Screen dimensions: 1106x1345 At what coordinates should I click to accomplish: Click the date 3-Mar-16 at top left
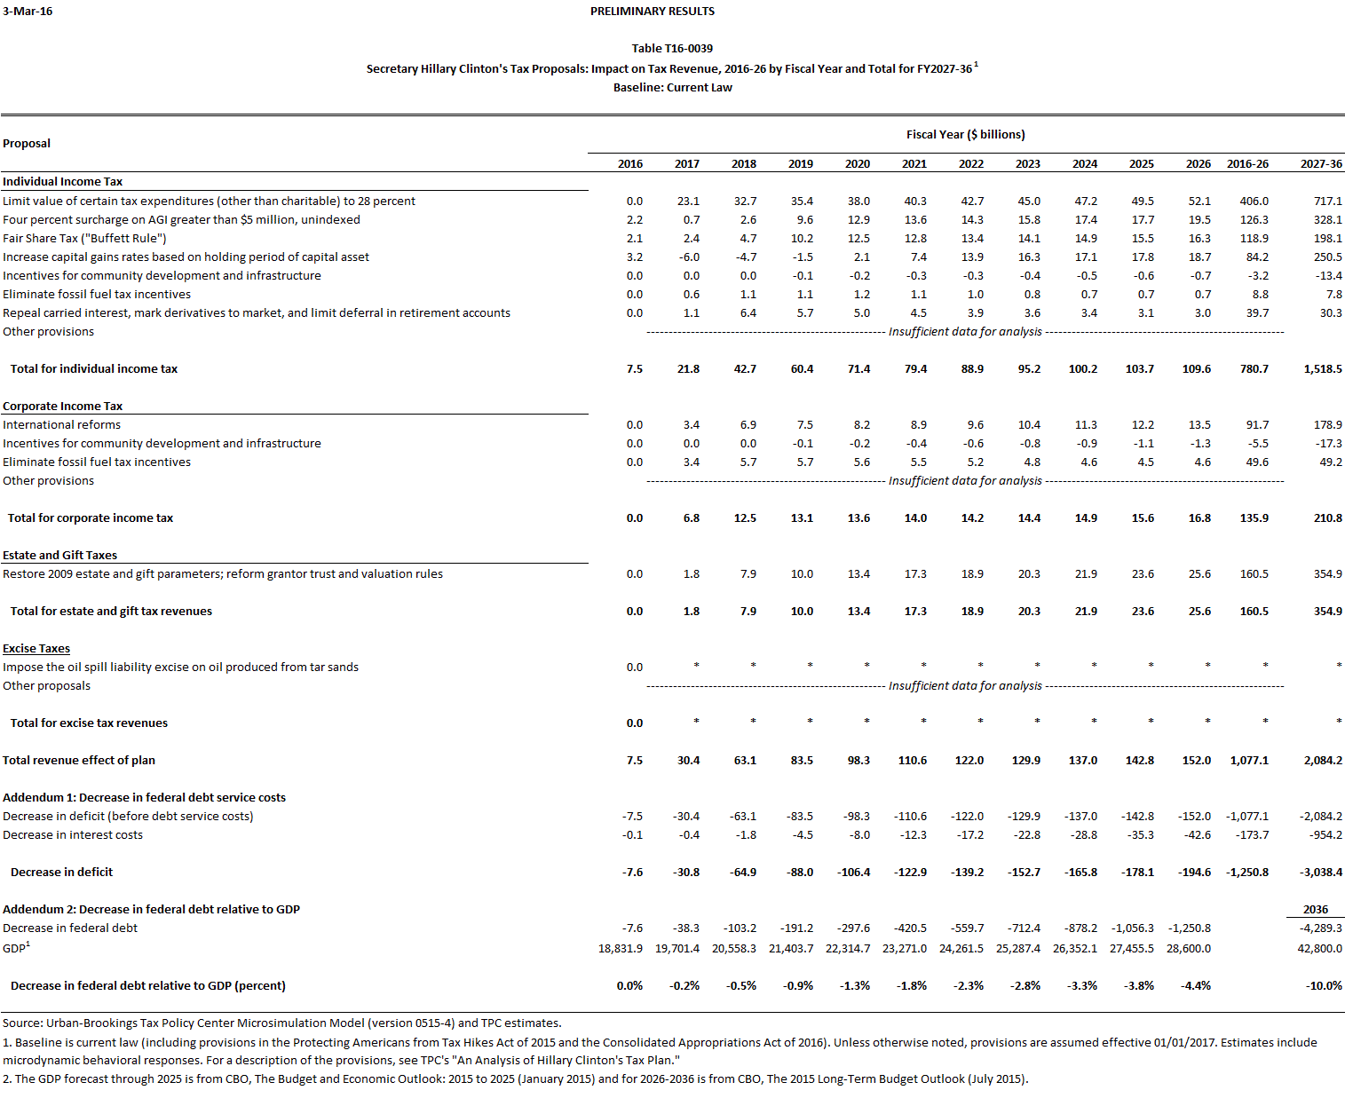tap(28, 12)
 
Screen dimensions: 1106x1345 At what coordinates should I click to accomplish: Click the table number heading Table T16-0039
tap(672, 49)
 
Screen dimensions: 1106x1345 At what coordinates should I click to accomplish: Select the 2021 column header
tap(914, 164)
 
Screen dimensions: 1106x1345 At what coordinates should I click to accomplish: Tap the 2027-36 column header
tap(1321, 164)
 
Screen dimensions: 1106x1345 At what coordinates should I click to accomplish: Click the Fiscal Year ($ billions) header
tap(965, 135)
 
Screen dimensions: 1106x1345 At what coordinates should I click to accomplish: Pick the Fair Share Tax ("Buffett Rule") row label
tap(84, 239)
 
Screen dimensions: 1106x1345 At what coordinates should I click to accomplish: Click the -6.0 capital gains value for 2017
tap(689, 257)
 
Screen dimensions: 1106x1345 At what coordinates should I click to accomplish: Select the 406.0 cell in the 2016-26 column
tap(1254, 201)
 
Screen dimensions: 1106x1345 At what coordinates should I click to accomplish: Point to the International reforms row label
tap(61, 425)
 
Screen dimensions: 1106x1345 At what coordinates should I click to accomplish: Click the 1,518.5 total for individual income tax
tap(1322, 369)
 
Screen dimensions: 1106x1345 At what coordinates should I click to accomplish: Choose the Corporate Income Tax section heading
tap(62, 407)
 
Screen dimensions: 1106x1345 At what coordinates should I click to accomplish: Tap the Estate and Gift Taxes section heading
tap(59, 556)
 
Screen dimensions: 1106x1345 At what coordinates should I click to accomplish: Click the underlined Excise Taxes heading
tap(36, 649)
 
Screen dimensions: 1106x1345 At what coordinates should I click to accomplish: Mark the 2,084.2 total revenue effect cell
tap(1322, 761)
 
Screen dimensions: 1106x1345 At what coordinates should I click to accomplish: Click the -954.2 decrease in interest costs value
tap(1325, 835)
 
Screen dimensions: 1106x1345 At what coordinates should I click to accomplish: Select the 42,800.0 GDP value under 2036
tap(1319, 949)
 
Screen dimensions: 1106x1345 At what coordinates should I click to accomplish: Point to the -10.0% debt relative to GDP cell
tap(1324, 986)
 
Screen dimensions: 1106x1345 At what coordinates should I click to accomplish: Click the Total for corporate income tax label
tap(91, 518)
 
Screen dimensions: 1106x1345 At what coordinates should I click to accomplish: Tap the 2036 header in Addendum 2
tap(1316, 910)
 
